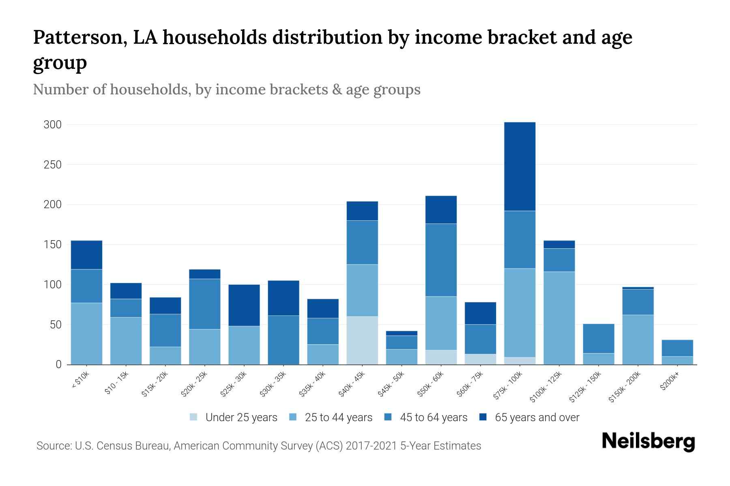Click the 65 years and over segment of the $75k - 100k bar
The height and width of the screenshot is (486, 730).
(x=520, y=166)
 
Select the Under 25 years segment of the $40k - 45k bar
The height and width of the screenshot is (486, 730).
(x=362, y=340)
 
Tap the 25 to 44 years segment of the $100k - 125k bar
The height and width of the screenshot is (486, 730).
(x=559, y=318)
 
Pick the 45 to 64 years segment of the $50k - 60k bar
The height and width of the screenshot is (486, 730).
(x=441, y=260)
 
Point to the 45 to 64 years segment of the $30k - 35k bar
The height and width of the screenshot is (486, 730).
(x=283, y=340)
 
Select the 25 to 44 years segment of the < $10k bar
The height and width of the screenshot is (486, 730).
(x=86, y=334)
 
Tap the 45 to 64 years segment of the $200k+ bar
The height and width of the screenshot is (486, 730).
(x=677, y=348)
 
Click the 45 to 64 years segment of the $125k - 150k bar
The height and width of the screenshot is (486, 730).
(x=598, y=339)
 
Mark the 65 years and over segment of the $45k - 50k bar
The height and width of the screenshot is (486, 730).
(x=401, y=333)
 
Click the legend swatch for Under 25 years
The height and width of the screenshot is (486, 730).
(x=193, y=417)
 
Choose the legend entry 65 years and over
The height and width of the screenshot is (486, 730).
(x=537, y=418)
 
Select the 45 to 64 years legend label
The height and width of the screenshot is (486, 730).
(x=433, y=418)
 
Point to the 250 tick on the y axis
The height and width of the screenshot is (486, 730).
(x=53, y=165)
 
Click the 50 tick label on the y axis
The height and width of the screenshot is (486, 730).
(x=55, y=325)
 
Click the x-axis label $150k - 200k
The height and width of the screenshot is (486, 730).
(x=625, y=387)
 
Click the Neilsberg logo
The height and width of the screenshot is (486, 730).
(x=648, y=441)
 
